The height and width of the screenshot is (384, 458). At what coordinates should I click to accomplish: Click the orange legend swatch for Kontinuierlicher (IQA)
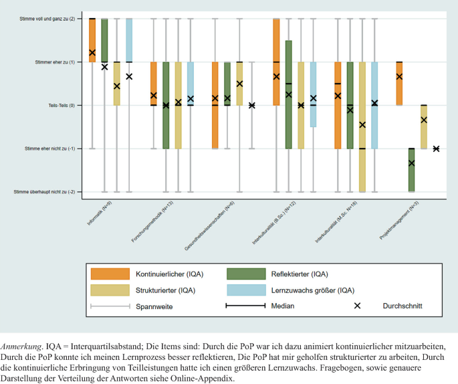click(x=110, y=274)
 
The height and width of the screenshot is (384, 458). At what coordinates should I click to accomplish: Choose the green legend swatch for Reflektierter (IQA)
click(x=245, y=274)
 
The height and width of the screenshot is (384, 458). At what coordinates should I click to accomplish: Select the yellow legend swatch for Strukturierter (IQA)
click(x=110, y=290)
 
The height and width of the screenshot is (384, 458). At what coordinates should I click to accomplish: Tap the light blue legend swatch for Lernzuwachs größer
click(x=245, y=290)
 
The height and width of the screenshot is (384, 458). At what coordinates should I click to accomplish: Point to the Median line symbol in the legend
click(x=245, y=306)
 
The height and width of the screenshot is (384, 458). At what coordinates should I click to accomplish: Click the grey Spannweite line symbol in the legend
click(x=110, y=306)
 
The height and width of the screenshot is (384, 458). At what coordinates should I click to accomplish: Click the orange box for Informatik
click(x=92, y=40)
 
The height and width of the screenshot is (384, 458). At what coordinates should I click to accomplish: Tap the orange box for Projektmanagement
click(x=399, y=84)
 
